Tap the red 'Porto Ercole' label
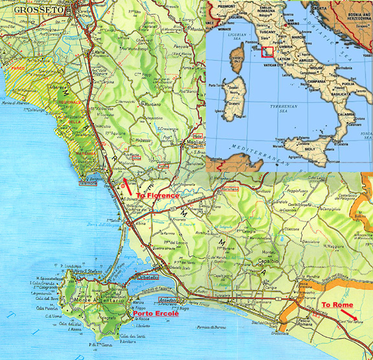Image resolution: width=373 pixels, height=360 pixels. point(152,314)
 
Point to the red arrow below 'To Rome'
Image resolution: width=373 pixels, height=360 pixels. point(346,317)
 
